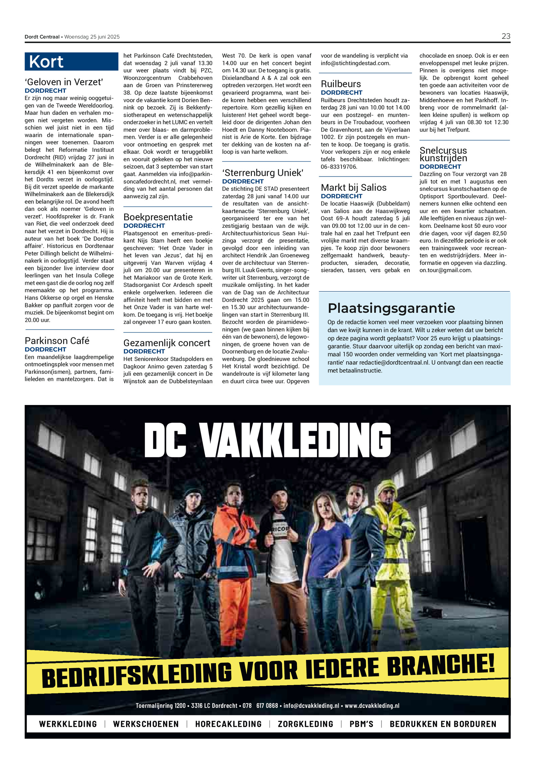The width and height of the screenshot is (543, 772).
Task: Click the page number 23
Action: (505, 36)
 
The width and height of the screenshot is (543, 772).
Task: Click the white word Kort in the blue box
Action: (46, 62)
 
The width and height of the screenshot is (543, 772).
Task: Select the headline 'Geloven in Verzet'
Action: (64, 82)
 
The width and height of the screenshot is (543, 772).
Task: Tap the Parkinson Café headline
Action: (57, 341)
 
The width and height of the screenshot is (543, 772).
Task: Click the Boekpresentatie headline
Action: (158, 217)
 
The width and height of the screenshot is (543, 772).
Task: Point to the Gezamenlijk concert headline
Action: (167, 343)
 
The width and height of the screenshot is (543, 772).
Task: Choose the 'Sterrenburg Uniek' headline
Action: (262, 173)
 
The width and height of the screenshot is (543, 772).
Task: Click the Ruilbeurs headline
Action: (341, 84)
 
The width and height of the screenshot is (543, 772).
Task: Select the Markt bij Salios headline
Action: (354, 187)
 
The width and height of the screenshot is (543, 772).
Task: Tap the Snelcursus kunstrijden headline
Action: (443, 154)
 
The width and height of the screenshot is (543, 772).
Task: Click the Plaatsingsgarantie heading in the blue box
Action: (391, 308)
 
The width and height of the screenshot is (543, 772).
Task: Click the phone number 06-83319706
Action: (339, 167)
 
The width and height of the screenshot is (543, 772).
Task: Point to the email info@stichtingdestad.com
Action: (355, 63)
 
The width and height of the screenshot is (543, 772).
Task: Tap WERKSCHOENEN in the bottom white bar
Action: (146, 724)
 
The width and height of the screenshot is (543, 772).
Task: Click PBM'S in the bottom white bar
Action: (361, 724)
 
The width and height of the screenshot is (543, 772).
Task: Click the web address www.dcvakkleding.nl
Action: (372, 705)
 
